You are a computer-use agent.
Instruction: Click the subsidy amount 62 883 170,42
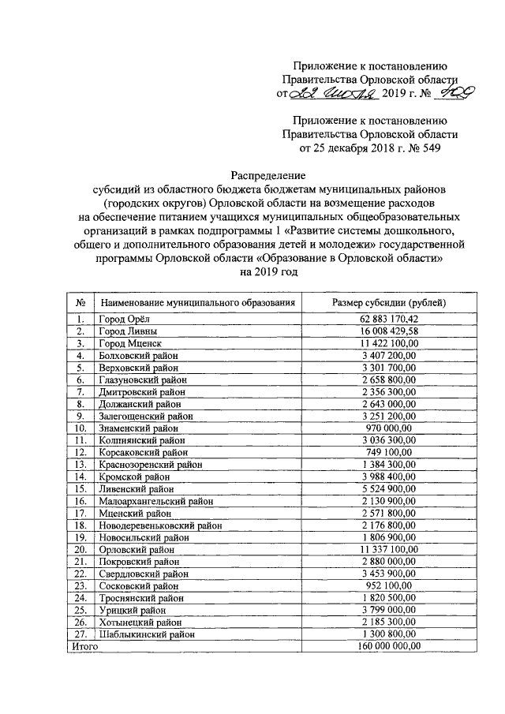coord(389,319)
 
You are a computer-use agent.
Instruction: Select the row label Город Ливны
coord(128,331)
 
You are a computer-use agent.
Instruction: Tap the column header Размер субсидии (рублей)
coord(389,302)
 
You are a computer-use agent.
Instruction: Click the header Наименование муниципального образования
coord(197,302)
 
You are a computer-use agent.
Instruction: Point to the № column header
coord(80,302)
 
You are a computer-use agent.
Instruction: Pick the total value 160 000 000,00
coord(389,645)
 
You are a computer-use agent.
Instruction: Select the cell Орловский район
coord(135,548)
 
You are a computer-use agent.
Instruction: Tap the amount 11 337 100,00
coord(389,548)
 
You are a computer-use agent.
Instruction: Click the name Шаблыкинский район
coord(144,633)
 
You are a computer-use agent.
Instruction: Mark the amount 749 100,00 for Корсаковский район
coord(389,452)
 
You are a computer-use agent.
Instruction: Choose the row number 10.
coord(80,428)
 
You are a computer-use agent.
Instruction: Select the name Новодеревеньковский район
coord(158,525)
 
